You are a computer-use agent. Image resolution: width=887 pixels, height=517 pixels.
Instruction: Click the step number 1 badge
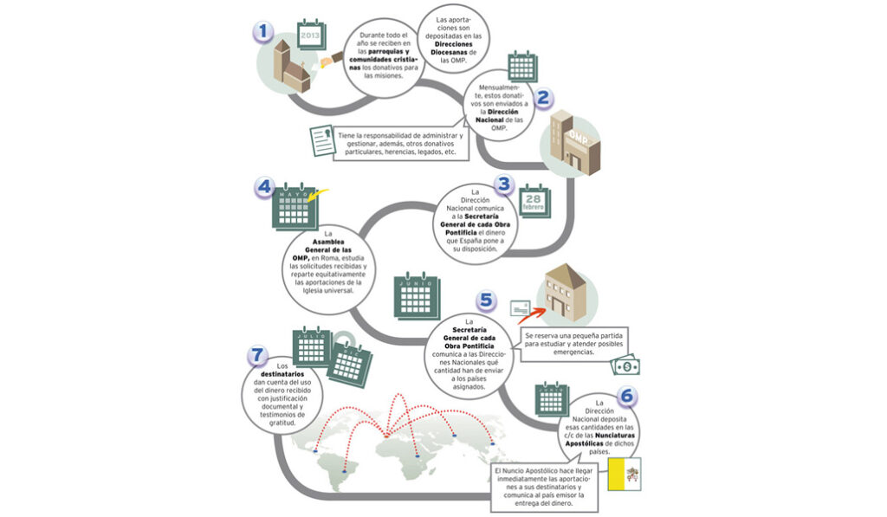(263, 32)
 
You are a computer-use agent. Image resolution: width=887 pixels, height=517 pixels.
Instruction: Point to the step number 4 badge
(265, 188)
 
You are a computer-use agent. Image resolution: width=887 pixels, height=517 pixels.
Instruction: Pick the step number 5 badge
(487, 301)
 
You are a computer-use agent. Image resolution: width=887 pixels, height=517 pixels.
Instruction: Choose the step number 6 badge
(628, 397)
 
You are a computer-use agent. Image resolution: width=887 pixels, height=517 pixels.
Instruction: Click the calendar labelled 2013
(309, 36)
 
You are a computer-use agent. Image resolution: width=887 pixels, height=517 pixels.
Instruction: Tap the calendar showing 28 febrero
(534, 204)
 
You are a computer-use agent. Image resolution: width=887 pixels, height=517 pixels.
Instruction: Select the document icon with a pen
(322, 141)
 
